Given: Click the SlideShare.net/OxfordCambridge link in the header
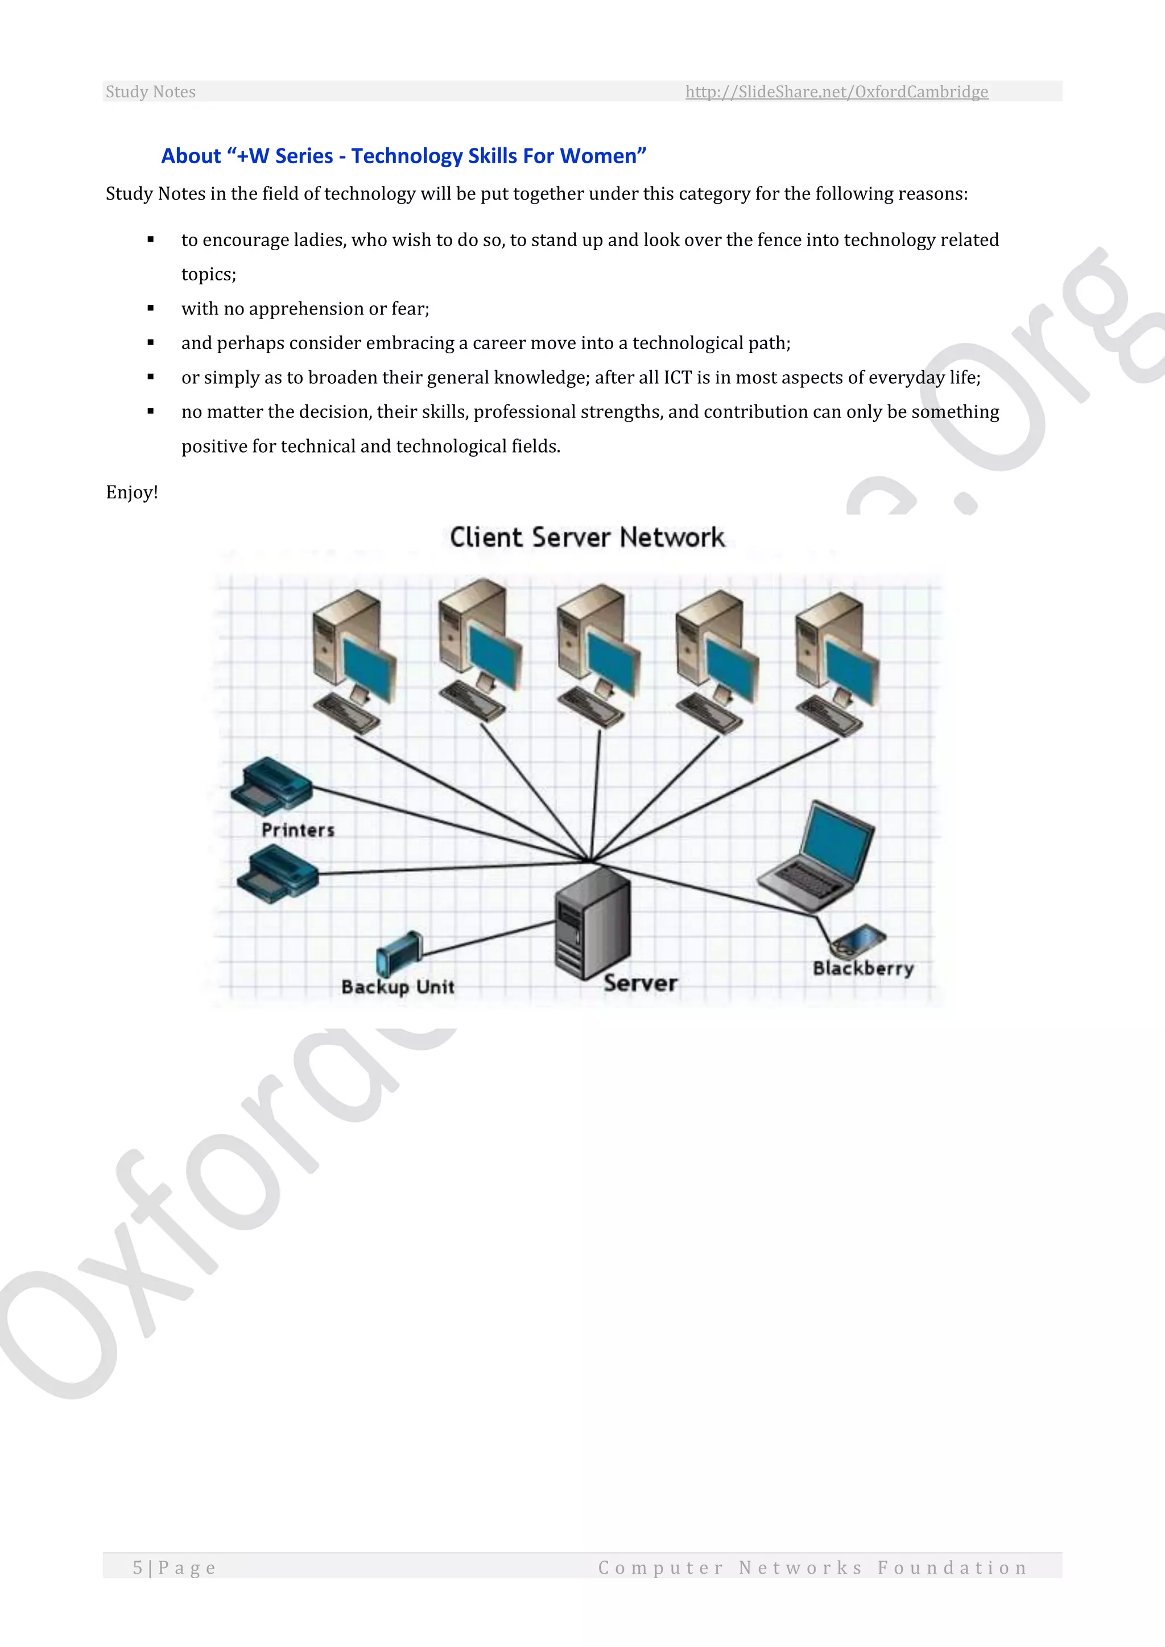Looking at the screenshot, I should point(836,92).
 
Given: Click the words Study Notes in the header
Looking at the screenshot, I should point(151,92).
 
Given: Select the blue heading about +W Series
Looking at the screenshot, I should point(403,156).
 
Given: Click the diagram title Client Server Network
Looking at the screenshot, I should point(587,537).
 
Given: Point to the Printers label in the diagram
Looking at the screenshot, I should point(298,830).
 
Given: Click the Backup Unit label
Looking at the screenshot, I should point(398,987).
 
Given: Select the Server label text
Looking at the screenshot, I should point(640,983).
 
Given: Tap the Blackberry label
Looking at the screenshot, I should point(863,969).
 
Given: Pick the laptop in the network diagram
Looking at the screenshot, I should point(818,854).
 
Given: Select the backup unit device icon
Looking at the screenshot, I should point(399,952).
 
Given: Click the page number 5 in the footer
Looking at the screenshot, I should point(137,1567).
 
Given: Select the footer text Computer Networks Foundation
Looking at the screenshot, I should point(812,1567).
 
